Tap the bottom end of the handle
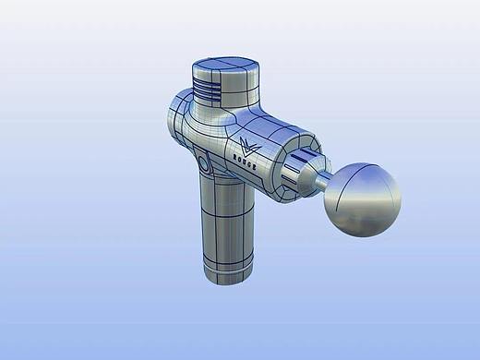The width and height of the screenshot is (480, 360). [226, 274]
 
